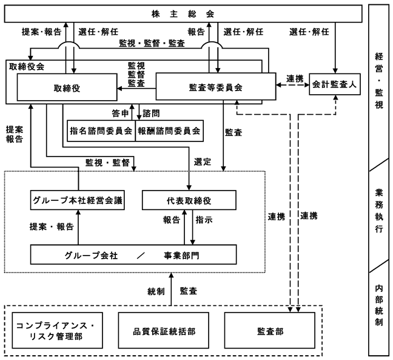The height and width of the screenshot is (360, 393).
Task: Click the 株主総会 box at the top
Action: point(183,13)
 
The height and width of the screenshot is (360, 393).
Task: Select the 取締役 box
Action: point(67,87)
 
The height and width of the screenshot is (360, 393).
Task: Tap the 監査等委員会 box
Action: point(216,86)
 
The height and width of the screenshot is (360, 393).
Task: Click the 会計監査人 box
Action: point(335,84)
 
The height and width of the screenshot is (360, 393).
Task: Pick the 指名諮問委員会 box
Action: point(101,131)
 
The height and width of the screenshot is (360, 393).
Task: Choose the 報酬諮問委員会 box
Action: point(169,131)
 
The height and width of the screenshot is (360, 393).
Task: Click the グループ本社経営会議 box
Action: point(78,200)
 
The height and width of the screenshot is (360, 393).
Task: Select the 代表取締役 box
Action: point(189,200)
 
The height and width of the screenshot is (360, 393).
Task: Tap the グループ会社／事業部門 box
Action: point(133,254)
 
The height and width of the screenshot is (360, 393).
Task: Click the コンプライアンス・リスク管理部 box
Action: point(58,330)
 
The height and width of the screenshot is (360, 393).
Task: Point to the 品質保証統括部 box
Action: point(164,330)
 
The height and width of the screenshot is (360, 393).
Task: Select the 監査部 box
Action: point(270,330)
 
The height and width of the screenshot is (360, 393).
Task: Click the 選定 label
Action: point(203,162)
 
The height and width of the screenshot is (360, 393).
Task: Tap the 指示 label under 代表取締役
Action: point(204,220)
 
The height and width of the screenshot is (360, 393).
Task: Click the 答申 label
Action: point(120,114)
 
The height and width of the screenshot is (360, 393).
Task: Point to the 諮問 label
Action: point(151,114)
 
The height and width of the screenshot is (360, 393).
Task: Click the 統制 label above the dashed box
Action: point(156,291)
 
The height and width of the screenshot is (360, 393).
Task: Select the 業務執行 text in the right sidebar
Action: point(379,211)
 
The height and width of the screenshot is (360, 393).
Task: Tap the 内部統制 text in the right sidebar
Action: point(379,305)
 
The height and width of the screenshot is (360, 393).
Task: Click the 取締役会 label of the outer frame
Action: point(27,67)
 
